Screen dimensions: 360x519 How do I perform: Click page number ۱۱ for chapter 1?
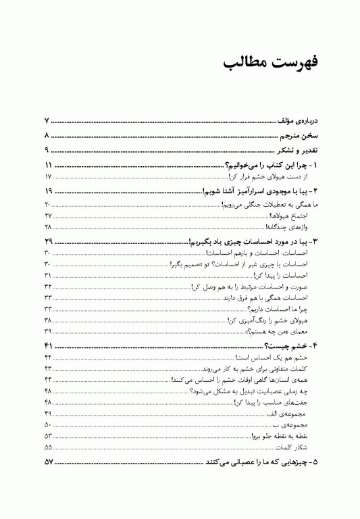coord(49,166)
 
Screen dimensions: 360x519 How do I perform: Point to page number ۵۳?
coord(49,436)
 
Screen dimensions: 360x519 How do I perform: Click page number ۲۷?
coord(49,215)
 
